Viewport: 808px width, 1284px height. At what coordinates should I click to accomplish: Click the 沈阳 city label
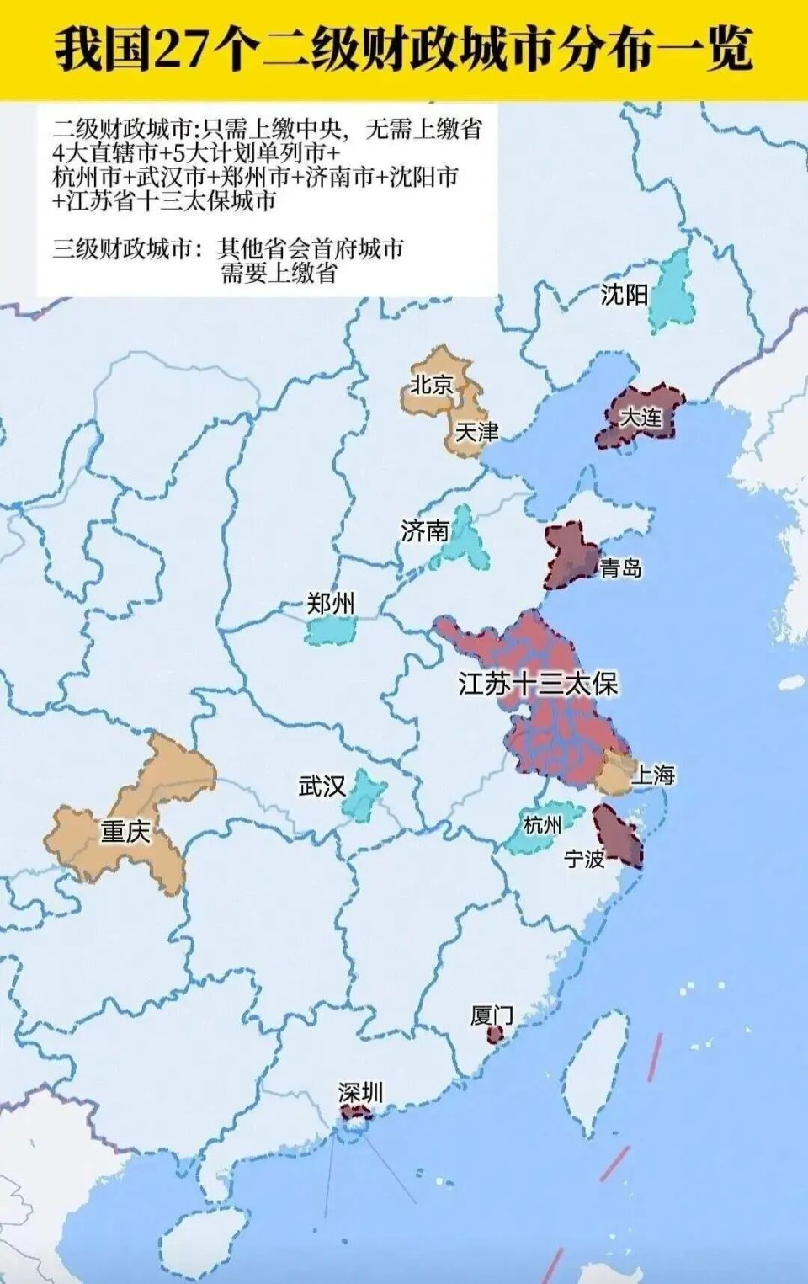pyautogui.click(x=624, y=295)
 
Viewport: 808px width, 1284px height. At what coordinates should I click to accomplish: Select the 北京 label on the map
pyautogui.click(x=432, y=385)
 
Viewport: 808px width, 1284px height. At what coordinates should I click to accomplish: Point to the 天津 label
pyautogui.click(x=476, y=432)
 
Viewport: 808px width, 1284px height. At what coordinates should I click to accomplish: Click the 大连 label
pyautogui.click(x=641, y=418)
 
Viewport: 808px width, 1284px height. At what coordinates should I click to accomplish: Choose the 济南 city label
pyautogui.click(x=425, y=530)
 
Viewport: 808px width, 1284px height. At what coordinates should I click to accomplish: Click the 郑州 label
pyautogui.click(x=331, y=603)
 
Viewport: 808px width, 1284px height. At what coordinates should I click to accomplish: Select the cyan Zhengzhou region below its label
pyautogui.click(x=330, y=631)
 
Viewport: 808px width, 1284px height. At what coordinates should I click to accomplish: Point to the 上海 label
pyautogui.click(x=653, y=775)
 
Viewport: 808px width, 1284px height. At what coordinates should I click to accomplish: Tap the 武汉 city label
pyautogui.click(x=322, y=786)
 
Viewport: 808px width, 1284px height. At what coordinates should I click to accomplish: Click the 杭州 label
pyautogui.click(x=542, y=824)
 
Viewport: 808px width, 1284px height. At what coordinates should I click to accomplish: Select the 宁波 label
pyautogui.click(x=584, y=859)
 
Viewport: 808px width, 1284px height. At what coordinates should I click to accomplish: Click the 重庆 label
pyautogui.click(x=125, y=832)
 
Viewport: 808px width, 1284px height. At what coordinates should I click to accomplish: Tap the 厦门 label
pyautogui.click(x=492, y=1015)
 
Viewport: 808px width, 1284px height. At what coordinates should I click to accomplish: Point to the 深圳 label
pyautogui.click(x=360, y=1093)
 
